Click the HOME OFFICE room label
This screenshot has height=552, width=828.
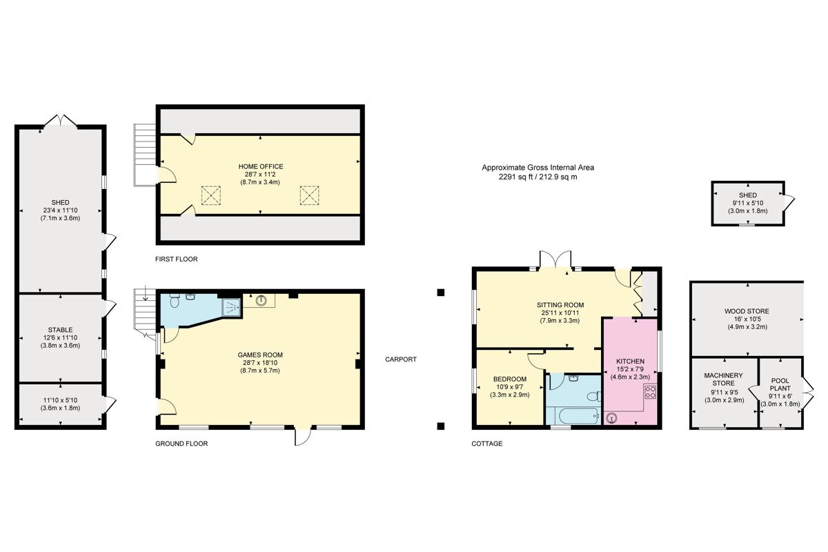(x=261, y=166)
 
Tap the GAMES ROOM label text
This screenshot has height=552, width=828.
(x=261, y=355)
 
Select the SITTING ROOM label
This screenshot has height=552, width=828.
(x=560, y=304)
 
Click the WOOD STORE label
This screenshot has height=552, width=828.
(x=747, y=311)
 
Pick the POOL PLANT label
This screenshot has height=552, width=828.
(x=780, y=384)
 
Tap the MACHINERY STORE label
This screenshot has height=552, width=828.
(x=724, y=379)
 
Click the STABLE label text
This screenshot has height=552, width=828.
(x=61, y=330)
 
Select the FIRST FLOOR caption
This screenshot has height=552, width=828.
(x=177, y=259)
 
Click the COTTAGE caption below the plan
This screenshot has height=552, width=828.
(x=487, y=444)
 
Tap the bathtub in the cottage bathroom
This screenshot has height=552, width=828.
(x=572, y=415)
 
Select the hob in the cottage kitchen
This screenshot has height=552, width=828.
(x=649, y=392)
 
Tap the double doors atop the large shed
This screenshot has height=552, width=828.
(x=61, y=121)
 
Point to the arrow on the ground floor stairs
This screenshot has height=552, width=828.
(x=146, y=298)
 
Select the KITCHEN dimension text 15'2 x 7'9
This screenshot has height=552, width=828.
(x=630, y=370)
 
